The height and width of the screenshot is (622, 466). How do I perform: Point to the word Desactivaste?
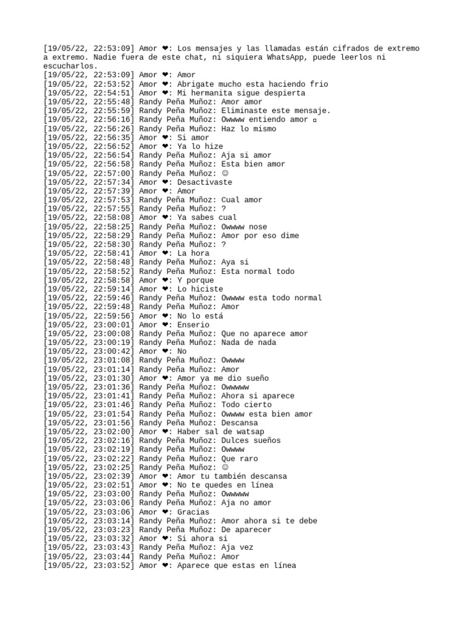[205, 182]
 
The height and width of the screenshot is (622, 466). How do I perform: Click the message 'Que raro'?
[240, 459]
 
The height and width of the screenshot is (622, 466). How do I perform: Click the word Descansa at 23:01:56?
[240, 423]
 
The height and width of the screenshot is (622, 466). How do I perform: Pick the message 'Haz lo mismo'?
[249, 129]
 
